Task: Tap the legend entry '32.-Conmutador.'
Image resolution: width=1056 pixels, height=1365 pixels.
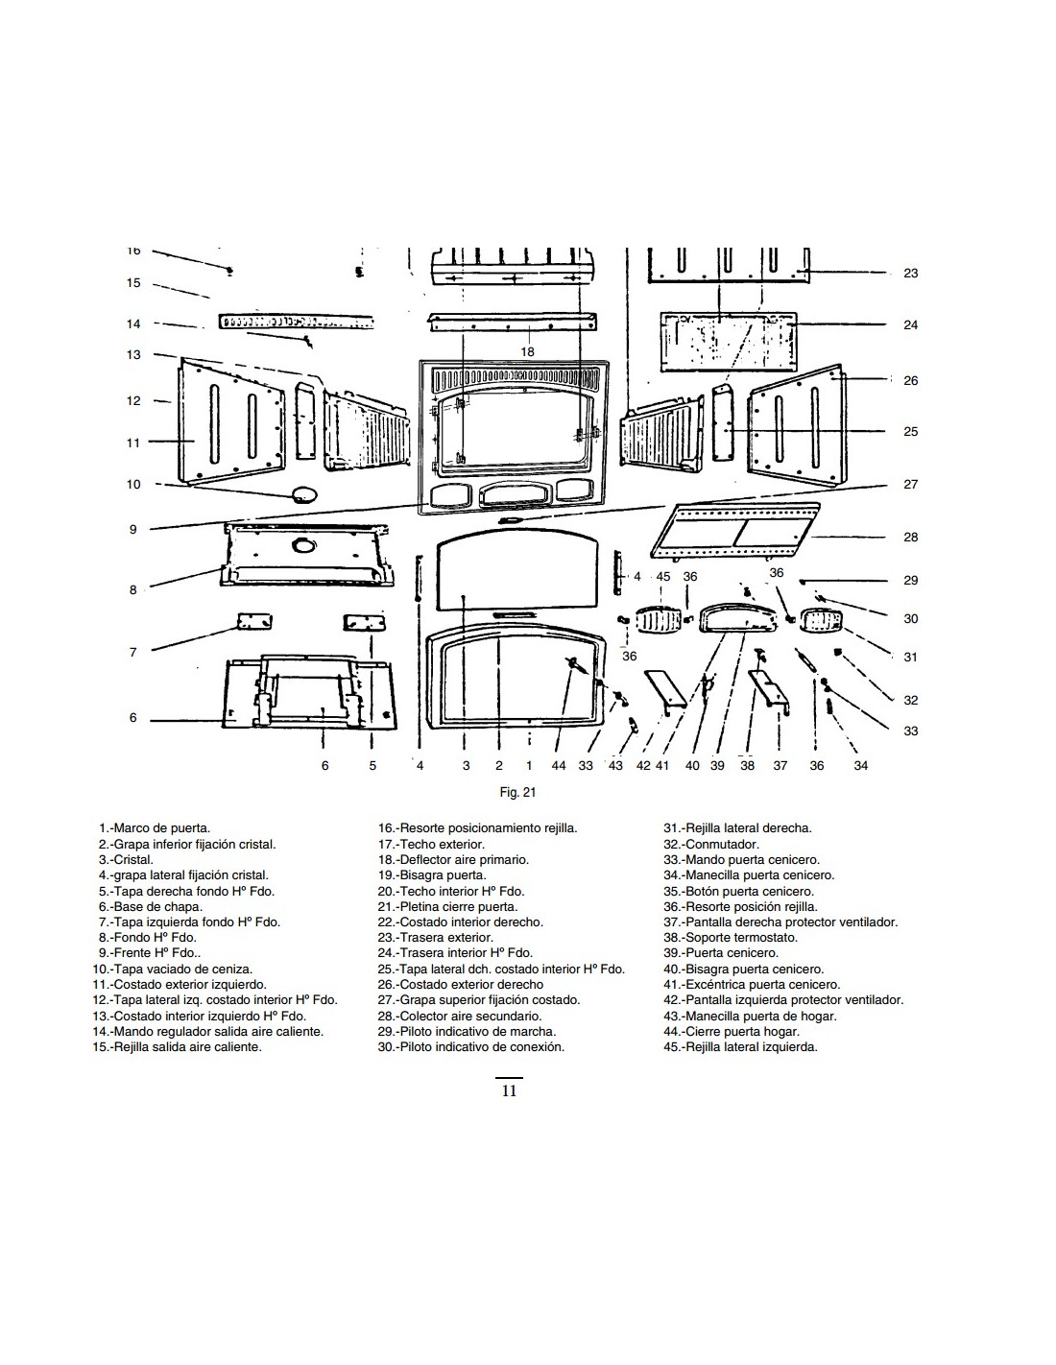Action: tap(711, 845)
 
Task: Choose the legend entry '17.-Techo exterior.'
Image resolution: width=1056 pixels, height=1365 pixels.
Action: tap(431, 845)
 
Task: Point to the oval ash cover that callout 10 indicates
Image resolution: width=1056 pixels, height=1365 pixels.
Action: tap(303, 493)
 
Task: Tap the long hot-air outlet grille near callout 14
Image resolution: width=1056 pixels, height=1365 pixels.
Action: tap(296, 322)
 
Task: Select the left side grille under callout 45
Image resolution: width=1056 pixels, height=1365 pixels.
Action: tap(658, 621)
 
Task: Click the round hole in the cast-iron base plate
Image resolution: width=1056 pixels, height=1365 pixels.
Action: tap(304, 546)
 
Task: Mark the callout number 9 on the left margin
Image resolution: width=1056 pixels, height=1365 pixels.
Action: tap(133, 530)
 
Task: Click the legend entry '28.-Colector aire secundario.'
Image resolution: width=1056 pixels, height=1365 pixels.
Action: tap(459, 1016)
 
